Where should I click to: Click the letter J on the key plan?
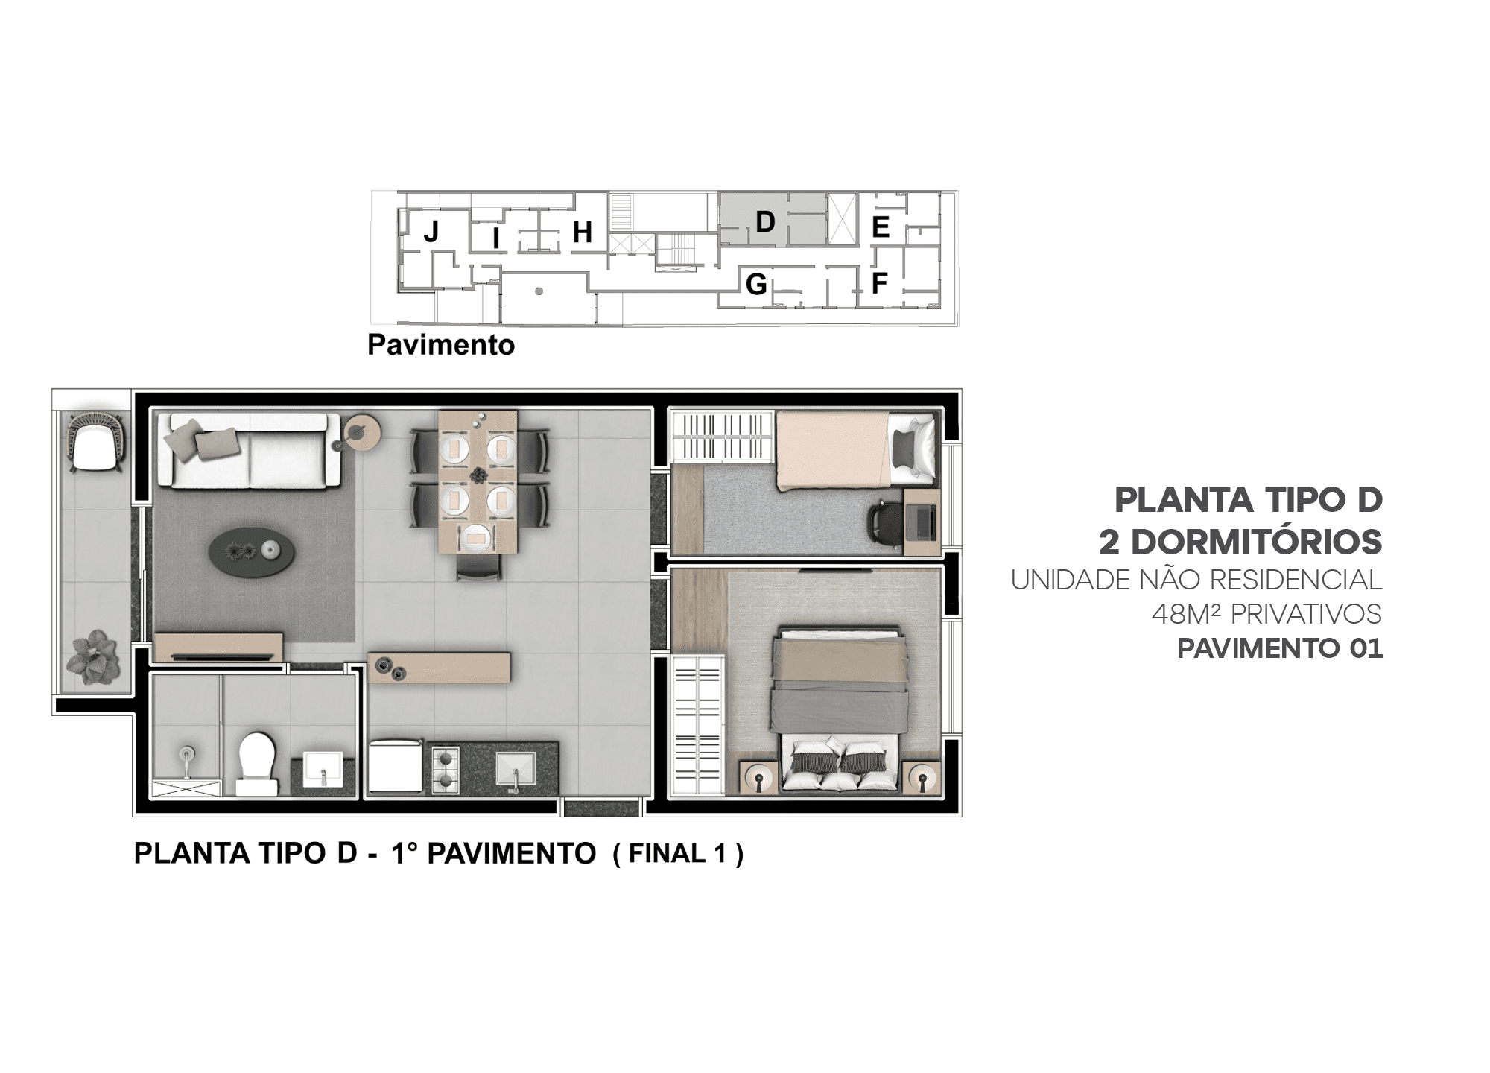(431, 232)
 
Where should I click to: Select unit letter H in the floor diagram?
(582, 232)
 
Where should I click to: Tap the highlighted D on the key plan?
(765, 221)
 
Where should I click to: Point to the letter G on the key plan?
(756, 284)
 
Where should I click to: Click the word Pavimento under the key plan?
(441, 345)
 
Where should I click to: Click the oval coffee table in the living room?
(251, 552)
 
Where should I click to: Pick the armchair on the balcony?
(97, 442)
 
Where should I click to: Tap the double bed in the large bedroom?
(840, 709)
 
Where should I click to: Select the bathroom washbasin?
(323, 768)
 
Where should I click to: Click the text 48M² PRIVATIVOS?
(1266, 614)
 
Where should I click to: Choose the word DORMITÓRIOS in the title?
(1257, 542)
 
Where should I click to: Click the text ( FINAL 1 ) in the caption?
(678, 854)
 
